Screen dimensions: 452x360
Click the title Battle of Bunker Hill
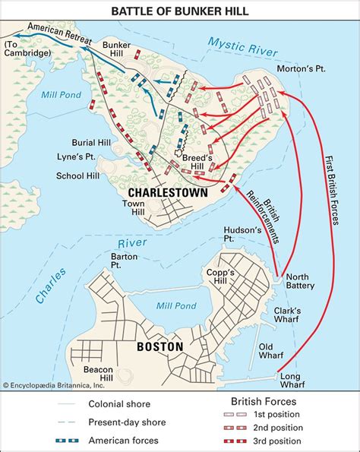[180, 10]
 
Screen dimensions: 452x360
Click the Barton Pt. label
[125, 261]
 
